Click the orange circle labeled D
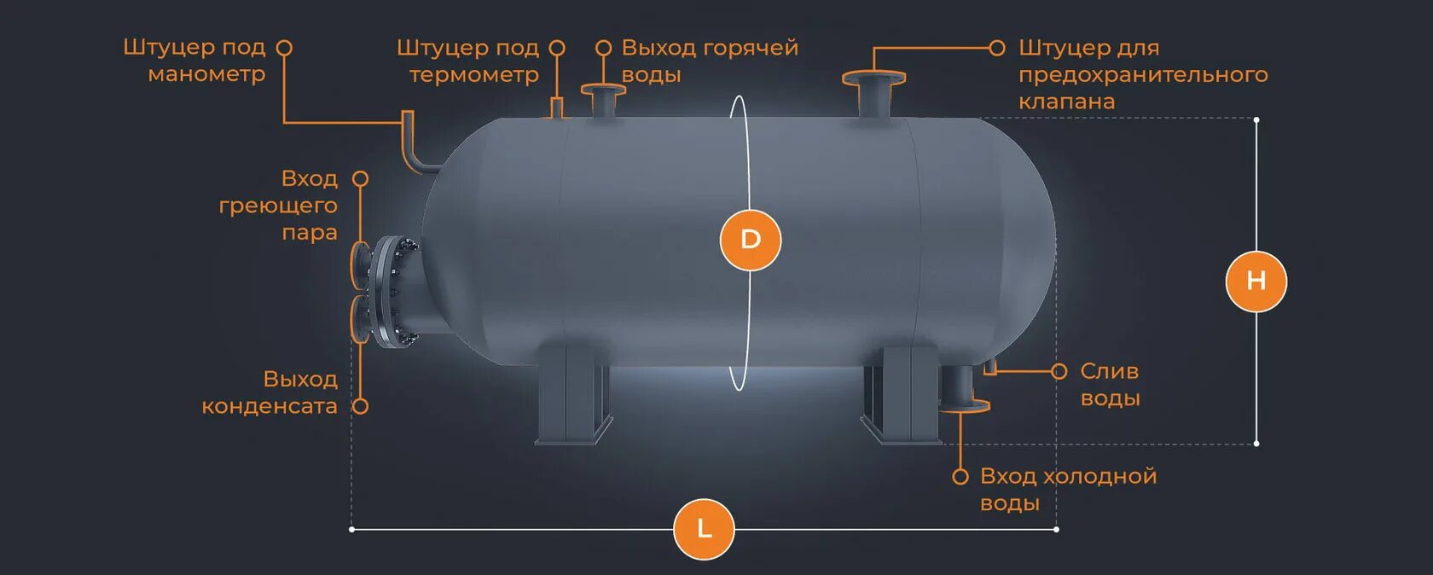751,240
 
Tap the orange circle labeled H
1256,281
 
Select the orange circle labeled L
704,529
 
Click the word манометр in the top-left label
206,74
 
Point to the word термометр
474,75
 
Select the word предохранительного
1143,75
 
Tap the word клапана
1066,102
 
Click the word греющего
278,206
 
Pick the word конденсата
270,406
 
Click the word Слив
1109,371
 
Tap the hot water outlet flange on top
603,89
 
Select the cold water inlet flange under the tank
963,404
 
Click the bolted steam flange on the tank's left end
392,293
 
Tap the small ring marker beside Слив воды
1059,371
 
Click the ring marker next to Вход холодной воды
960,477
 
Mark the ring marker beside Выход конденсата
361,407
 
